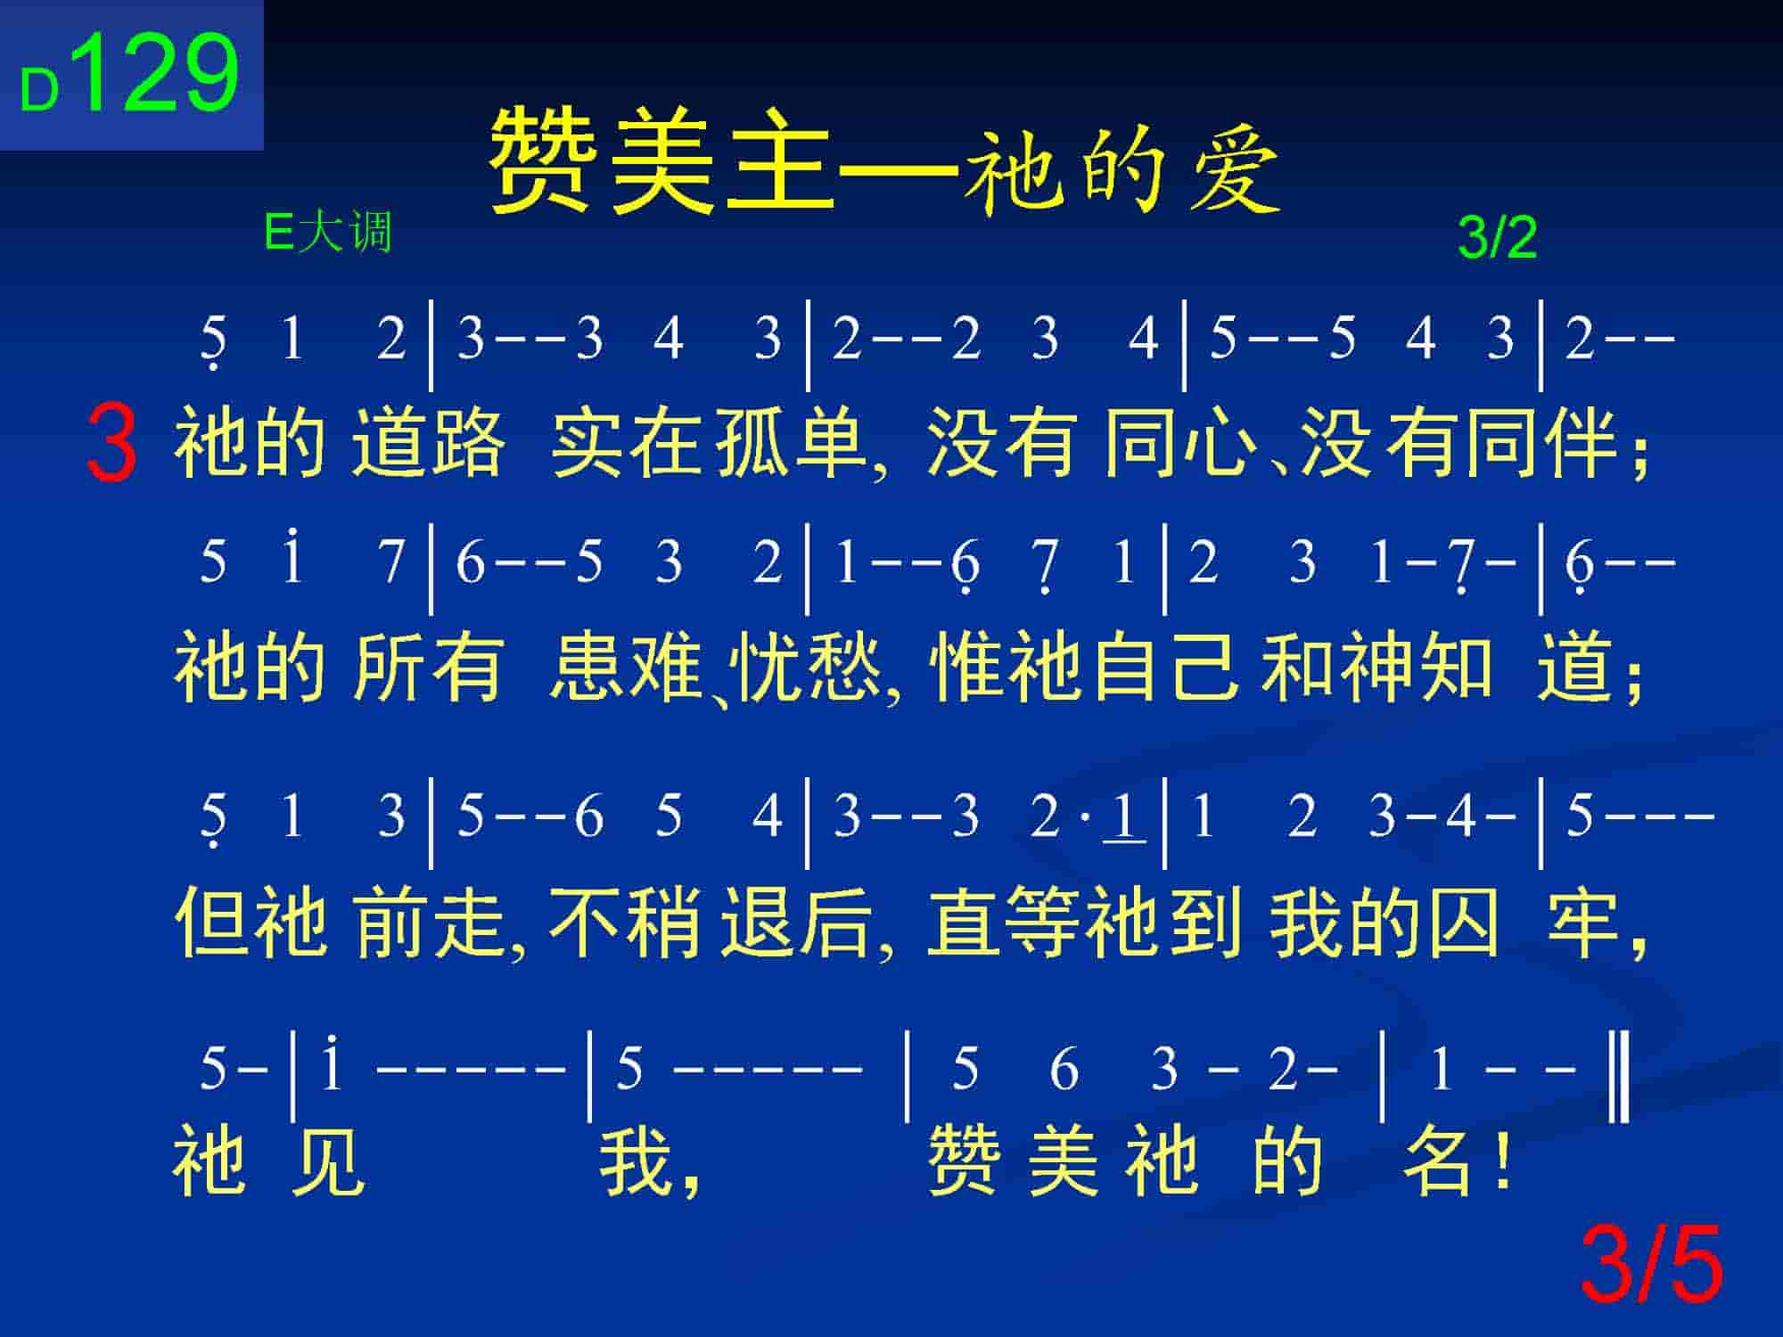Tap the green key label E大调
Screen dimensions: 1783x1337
coord(328,234)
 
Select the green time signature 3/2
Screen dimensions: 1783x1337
coord(1498,238)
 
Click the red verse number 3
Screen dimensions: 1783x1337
coord(112,443)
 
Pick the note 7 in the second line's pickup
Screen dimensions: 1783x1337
coord(390,562)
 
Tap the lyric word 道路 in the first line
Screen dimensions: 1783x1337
coord(428,443)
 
